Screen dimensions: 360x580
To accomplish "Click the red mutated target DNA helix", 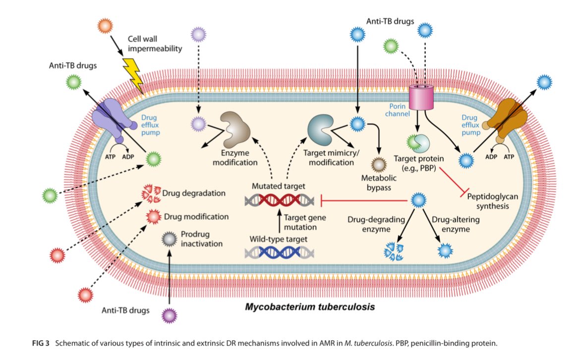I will pos(280,200).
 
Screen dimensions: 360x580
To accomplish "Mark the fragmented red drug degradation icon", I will pos(151,193).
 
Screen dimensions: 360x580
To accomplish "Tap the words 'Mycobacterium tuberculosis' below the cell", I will pos(310,307).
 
